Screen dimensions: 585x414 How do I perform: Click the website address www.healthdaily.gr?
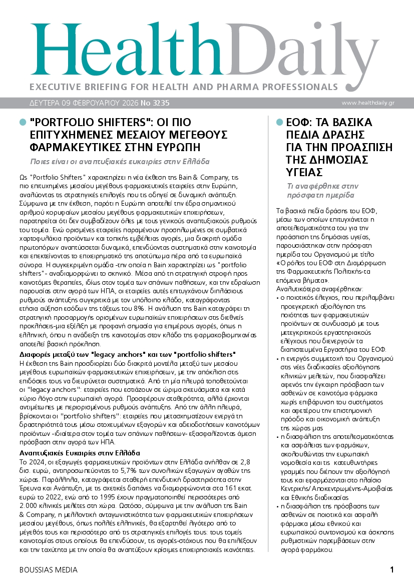click(x=368, y=103)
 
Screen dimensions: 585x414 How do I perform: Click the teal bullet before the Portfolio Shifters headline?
click(x=22, y=123)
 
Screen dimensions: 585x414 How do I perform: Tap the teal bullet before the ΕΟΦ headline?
click(x=279, y=123)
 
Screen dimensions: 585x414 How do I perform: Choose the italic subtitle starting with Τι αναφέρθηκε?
click(x=320, y=190)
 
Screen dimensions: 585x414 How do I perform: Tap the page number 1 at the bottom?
click(x=392, y=569)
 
